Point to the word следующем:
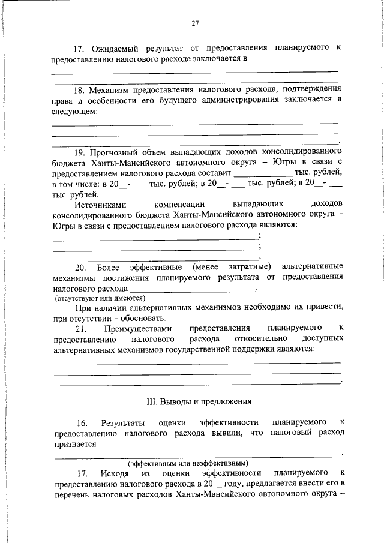(74, 111)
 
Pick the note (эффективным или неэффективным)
(188, 464)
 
